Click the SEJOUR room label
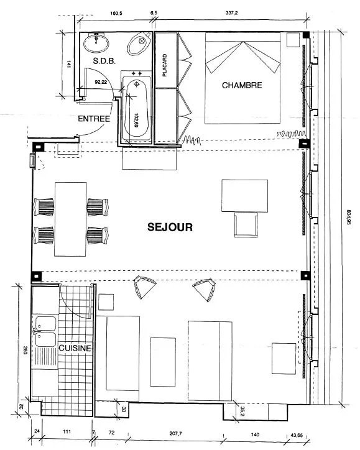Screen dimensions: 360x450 click(x=170, y=227)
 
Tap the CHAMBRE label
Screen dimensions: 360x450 click(x=242, y=85)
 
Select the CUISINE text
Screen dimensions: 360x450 click(x=75, y=348)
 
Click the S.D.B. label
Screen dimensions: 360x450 click(x=104, y=61)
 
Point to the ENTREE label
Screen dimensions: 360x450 click(x=94, y=119)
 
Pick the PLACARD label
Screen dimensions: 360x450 click(x=165, y=65)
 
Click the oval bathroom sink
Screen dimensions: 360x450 click(x=96, y=44)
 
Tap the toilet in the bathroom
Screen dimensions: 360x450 click(x=139, y=44)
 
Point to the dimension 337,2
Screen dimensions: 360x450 click(x=232, y=13)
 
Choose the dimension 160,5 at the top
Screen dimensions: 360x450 click(x=116, y=13)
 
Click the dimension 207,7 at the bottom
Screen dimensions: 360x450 click(x=177, y=433)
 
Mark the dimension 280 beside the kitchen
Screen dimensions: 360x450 click(x=25, y=351)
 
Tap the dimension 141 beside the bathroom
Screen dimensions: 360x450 click(x=69, y=64)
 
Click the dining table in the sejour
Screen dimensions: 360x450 click(x=71, y=219)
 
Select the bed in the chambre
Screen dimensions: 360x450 click(x=242, y=78)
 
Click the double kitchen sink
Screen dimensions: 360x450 click(x=45, y=332)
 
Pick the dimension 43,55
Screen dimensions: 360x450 click(x=296, y=435)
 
